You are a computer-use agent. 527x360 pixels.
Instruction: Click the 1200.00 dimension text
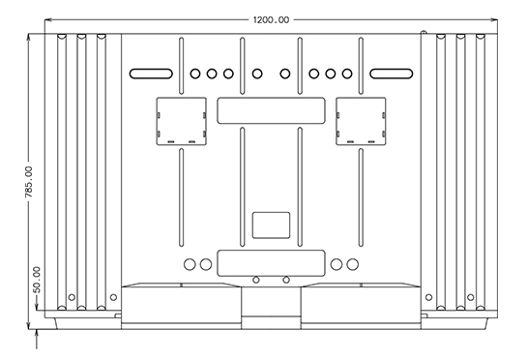271,19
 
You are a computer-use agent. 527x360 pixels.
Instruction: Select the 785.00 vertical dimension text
28,183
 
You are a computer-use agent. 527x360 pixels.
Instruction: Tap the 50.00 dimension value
37,281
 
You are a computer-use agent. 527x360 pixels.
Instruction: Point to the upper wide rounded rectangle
270,109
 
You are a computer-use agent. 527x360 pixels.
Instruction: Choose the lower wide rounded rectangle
270,262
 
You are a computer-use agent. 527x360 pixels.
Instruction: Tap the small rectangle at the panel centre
270,225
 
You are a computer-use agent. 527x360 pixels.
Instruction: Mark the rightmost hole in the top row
347,73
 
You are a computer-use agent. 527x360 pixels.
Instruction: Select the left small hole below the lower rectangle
255,280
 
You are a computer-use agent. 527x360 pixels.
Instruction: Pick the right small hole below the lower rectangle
286,280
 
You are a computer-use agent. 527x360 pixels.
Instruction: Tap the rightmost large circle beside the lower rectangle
350,263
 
